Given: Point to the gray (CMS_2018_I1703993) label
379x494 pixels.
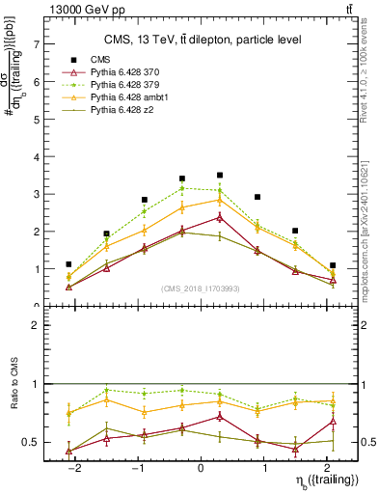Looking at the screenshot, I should pos(201,290).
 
